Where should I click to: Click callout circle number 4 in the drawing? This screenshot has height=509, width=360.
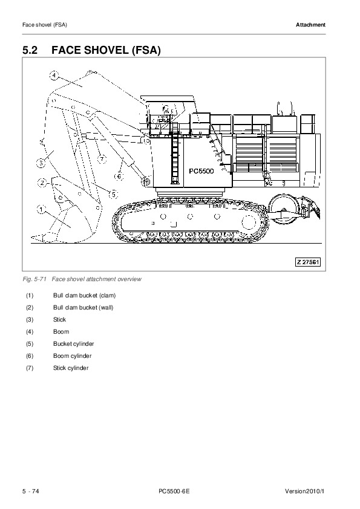coord(54,76)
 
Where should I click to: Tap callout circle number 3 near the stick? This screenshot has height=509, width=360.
coord(41,163)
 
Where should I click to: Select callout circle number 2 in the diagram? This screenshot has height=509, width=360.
coord(42,183)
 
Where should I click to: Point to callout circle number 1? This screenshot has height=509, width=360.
coord(41,209)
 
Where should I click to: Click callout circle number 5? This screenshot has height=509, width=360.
coord(113,195)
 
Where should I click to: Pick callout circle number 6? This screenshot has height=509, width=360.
coord(119,177)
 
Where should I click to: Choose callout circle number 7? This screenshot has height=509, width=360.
coord(102,159)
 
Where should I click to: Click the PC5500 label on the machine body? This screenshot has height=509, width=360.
coord(201,170)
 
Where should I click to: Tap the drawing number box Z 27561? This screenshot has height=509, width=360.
coord(308,262)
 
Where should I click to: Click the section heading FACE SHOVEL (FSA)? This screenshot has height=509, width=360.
coord(106,50)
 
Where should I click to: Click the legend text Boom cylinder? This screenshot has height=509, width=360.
coord(73,356)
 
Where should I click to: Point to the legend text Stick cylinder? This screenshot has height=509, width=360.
coord(71,368)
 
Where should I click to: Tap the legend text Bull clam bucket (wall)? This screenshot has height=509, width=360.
coord(83,308)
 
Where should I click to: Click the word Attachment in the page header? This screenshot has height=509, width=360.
coord(310,25)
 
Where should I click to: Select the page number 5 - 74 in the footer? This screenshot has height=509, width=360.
coord(30,491)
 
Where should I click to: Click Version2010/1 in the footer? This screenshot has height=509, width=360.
coord(305,491)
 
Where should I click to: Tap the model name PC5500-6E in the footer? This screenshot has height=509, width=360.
coord(174,491)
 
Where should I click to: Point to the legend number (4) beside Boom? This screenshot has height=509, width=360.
coord(30,332)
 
